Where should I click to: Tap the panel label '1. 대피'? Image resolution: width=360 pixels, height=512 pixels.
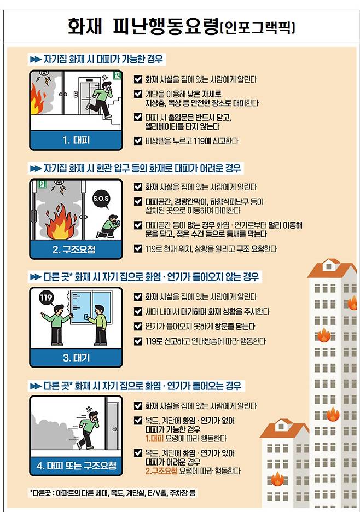pos(76,141)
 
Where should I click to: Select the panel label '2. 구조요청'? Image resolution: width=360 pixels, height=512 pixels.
pos(74,250)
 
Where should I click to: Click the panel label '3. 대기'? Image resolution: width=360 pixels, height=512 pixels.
pos(76,358)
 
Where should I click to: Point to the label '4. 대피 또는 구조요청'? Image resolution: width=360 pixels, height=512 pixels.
pos(76,466)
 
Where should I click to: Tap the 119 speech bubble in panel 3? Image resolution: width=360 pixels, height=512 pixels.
pos(47,298)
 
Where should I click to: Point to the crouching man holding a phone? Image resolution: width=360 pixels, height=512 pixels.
pos(109,226)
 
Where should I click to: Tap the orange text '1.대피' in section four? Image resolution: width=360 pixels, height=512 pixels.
pos(154,438)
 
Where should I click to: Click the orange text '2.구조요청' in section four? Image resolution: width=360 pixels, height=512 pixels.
pos(161,470)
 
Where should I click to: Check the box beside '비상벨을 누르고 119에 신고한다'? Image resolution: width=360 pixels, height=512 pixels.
pos(138,141)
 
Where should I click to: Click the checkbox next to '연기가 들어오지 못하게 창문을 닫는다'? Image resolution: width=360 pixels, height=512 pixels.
pos(138,326)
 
